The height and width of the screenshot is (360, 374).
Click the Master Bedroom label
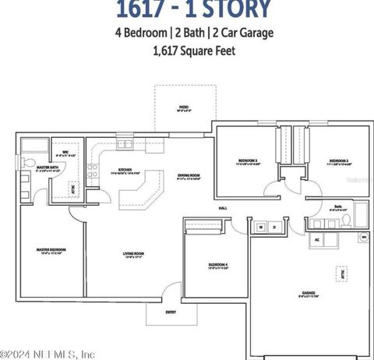click(x=51, y=250)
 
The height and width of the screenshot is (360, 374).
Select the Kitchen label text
click(x=125, y=170)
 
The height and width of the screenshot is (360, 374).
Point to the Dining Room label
click(x=189, y=175)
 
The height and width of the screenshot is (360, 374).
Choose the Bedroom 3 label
click(x=247, y=161)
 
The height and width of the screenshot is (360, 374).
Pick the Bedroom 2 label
click(x=340, y=161)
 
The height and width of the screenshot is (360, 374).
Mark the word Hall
click(x=222, y=209)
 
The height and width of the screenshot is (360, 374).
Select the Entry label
click(x=171, y=312)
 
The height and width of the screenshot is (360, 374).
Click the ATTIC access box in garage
click(x=342, y=274)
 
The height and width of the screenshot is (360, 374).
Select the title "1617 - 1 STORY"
click(x=194, y=9)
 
